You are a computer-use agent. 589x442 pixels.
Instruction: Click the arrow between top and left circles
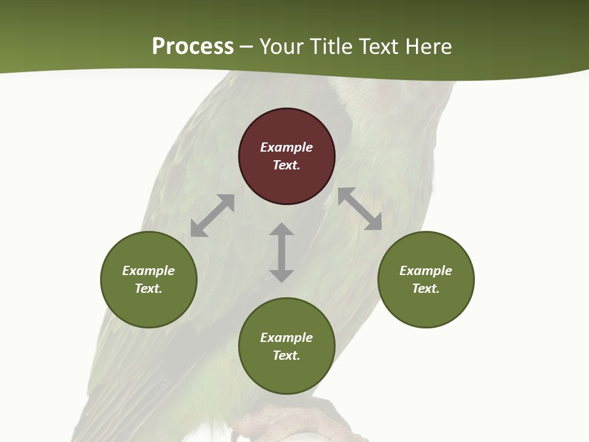pos(212,215)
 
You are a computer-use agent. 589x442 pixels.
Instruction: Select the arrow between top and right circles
pos(360,209)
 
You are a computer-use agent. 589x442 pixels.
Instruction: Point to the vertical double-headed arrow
pos(282,252)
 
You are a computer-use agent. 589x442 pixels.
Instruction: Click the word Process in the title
pos(193,46)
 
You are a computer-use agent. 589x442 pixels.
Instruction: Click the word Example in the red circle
pos(287,147)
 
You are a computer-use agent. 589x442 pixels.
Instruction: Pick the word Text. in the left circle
pos(148,289)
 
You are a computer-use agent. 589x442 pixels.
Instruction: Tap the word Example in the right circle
pos(426,271)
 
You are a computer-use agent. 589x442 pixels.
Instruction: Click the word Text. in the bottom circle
pos(287,355)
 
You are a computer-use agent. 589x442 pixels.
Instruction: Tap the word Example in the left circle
pos(148,271)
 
